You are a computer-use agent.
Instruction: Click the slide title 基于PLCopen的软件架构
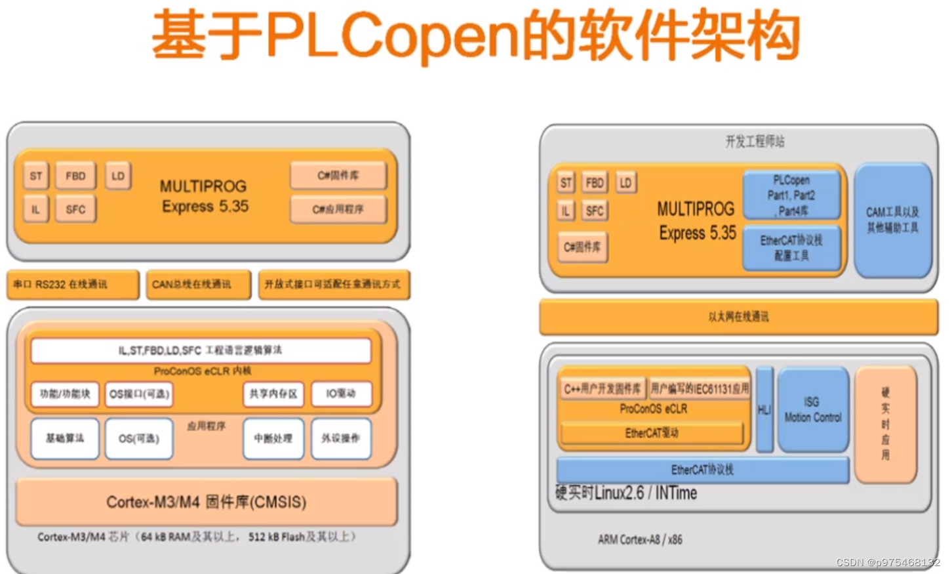(x=475, y=36)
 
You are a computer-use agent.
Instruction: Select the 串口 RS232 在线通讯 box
(x=73, y=285)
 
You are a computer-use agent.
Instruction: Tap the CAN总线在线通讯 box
(x=199, y=285)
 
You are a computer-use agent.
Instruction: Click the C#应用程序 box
(x=338, y=209)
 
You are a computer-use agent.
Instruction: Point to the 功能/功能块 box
(x=65, y=394)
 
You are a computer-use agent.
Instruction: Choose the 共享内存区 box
(x=273, y=394)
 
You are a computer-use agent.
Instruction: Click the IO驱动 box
(x=341, y=394)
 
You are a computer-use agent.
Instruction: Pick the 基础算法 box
(x=65, y=438)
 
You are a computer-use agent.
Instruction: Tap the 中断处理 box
(x=273, y=438)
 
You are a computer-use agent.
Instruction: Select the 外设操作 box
(x=341, y=438)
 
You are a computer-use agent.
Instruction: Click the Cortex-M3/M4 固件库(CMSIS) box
(x=207, y=502)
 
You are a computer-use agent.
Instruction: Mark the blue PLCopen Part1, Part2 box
(x=791, y=195)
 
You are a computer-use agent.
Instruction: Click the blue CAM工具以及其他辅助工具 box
(x=892, y=220)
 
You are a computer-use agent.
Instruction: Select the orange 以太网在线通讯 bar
(x=738, y=317)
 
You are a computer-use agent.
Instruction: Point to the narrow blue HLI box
(x=764, y=410)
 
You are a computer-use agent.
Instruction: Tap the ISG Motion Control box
(x=813, y=410)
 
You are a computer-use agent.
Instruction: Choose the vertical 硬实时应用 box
(x=885, y=423)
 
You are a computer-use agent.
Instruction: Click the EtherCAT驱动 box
(x=652, y=434)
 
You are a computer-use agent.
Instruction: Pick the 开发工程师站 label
(x=755, y=141)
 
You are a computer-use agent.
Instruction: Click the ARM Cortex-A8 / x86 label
(x=640, y=540)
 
